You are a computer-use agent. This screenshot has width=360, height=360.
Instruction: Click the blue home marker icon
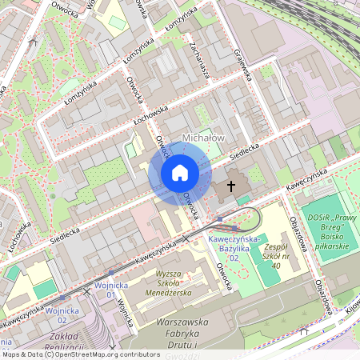[x=180, y=173]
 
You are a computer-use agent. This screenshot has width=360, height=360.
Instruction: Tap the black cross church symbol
[x=232, y=186]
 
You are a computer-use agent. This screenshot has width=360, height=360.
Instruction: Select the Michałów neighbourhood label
[x=204, y=138]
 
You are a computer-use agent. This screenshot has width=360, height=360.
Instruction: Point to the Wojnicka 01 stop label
[x=106, y=289]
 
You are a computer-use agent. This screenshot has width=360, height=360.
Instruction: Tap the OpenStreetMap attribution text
[x=80, y=354]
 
